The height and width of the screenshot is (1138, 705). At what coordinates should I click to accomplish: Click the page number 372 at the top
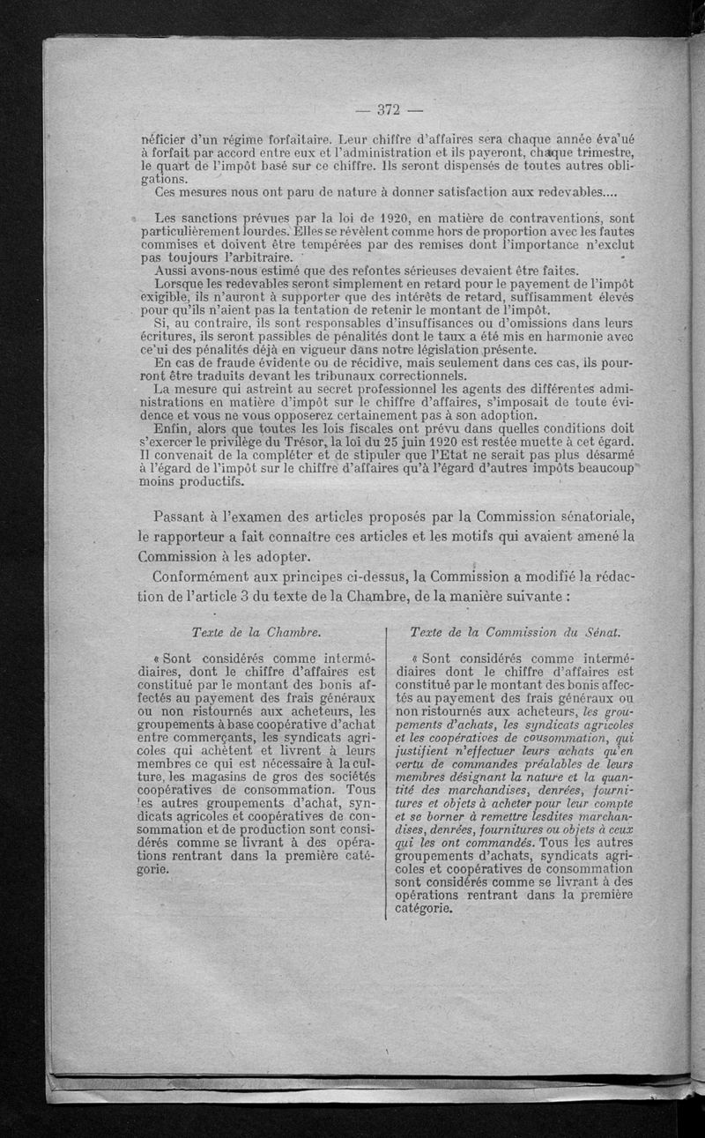coord(389,110)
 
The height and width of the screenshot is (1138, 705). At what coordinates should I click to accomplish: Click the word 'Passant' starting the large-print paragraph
coord(208,517)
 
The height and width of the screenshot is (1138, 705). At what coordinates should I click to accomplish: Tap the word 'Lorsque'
coord(180,286)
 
